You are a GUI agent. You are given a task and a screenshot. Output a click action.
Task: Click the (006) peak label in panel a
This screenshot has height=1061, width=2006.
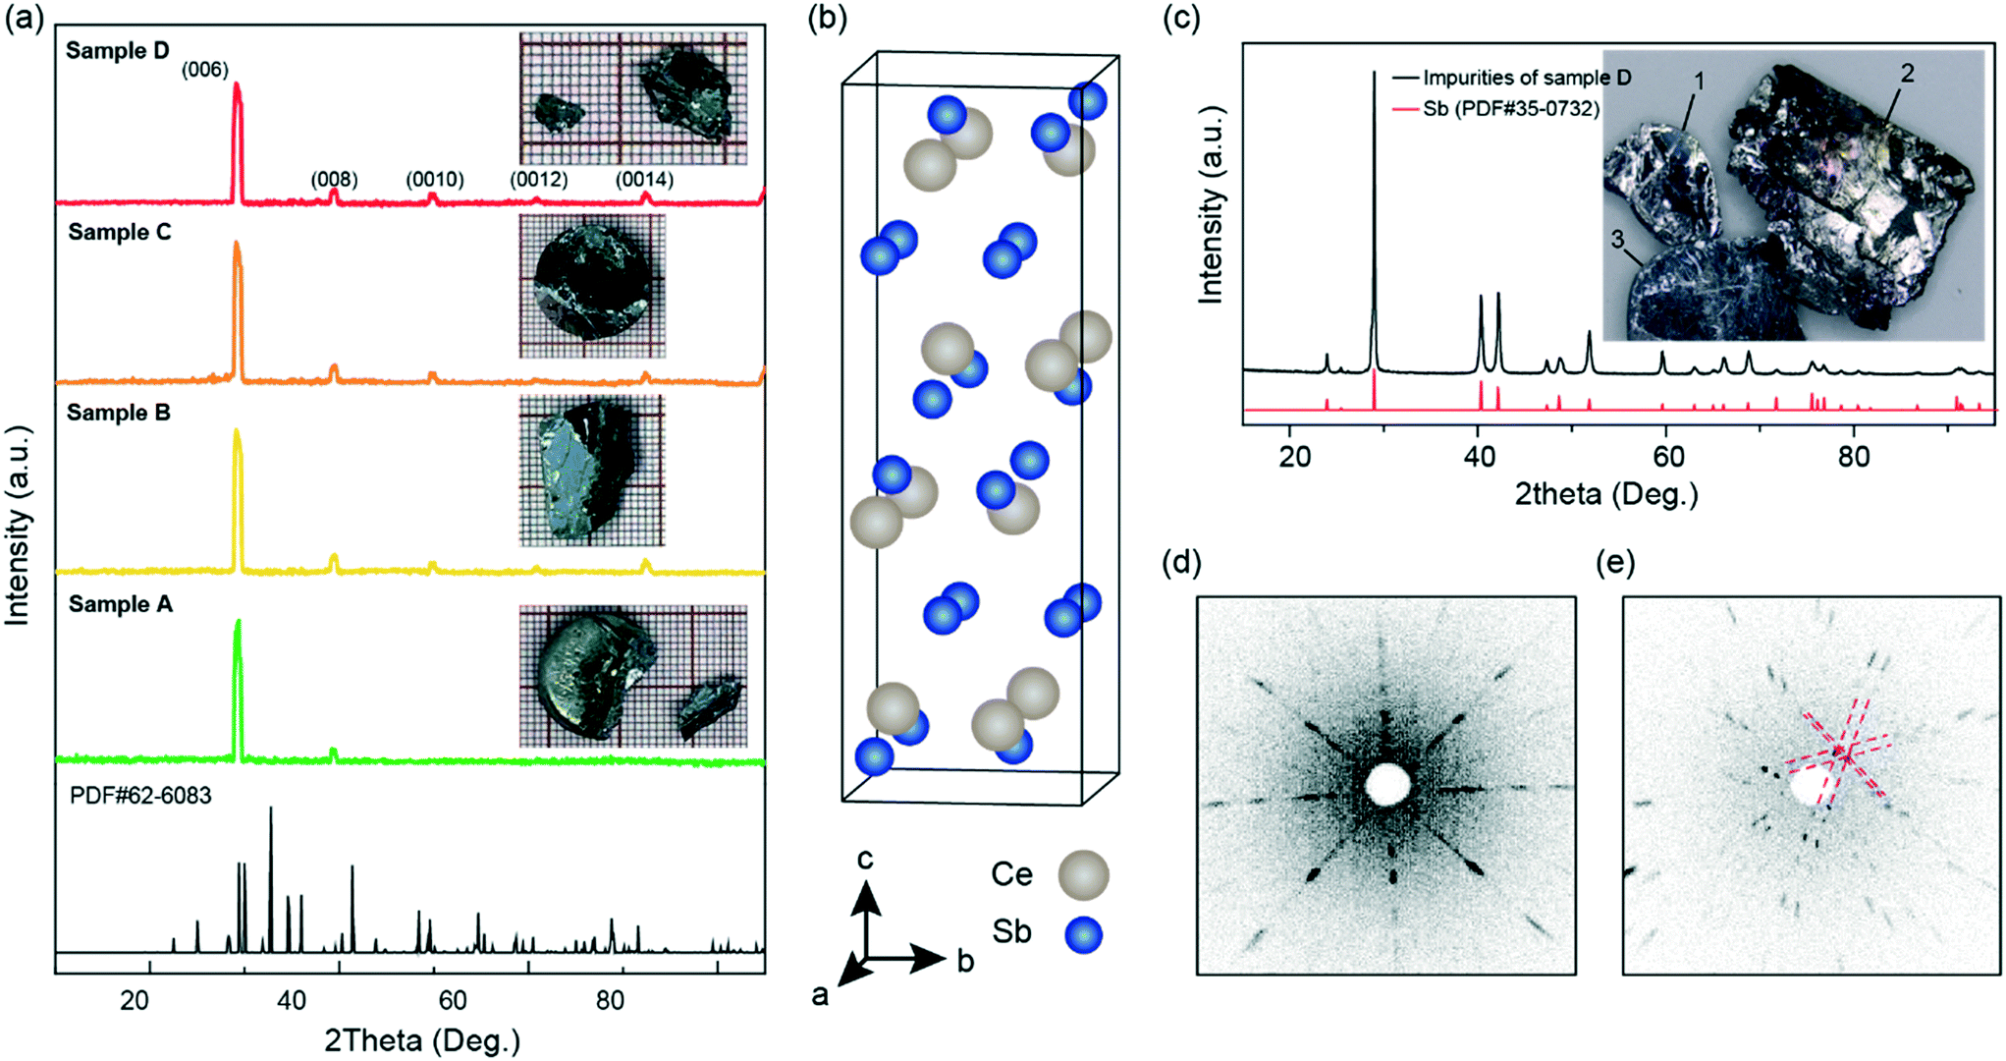[205, 70]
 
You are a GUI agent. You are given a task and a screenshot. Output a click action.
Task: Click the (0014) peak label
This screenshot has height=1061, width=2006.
[644, 180]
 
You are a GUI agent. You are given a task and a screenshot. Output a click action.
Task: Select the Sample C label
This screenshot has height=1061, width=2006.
[119, 232]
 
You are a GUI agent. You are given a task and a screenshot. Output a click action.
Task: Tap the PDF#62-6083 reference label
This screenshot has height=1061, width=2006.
[140, 795]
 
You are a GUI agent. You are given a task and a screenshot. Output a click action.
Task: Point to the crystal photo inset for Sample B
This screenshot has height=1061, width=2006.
[590, 470]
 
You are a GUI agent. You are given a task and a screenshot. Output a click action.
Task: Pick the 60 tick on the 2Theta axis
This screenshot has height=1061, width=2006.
[452, 1000]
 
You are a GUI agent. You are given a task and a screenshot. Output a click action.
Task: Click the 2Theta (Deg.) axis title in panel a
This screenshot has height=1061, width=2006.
[422, 1039]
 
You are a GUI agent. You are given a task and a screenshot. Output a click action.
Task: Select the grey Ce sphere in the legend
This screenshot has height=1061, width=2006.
[1083, 874]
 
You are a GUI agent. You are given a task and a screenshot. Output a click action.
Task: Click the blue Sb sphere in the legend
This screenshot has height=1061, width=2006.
[1083, 934]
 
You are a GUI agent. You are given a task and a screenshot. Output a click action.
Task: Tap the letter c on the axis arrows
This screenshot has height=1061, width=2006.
[864, 860]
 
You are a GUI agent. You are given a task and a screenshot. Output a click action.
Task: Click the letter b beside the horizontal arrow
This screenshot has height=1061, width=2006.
[965, 962]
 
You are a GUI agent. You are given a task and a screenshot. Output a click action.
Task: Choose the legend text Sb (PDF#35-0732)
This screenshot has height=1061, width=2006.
[1510, 108]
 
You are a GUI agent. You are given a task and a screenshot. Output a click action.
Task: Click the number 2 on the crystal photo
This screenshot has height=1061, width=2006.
[1907, 74]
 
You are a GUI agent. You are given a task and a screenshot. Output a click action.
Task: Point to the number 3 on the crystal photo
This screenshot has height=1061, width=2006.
[1617, 239]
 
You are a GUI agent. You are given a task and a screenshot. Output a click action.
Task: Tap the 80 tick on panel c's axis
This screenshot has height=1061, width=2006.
[1853, 457]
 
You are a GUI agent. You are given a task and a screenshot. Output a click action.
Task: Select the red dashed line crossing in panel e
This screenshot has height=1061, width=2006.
[1845, 755]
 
